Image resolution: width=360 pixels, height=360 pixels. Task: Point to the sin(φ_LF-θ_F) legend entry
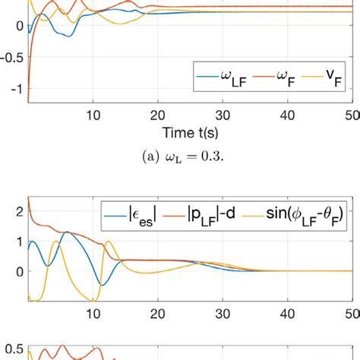coord(311,208)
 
